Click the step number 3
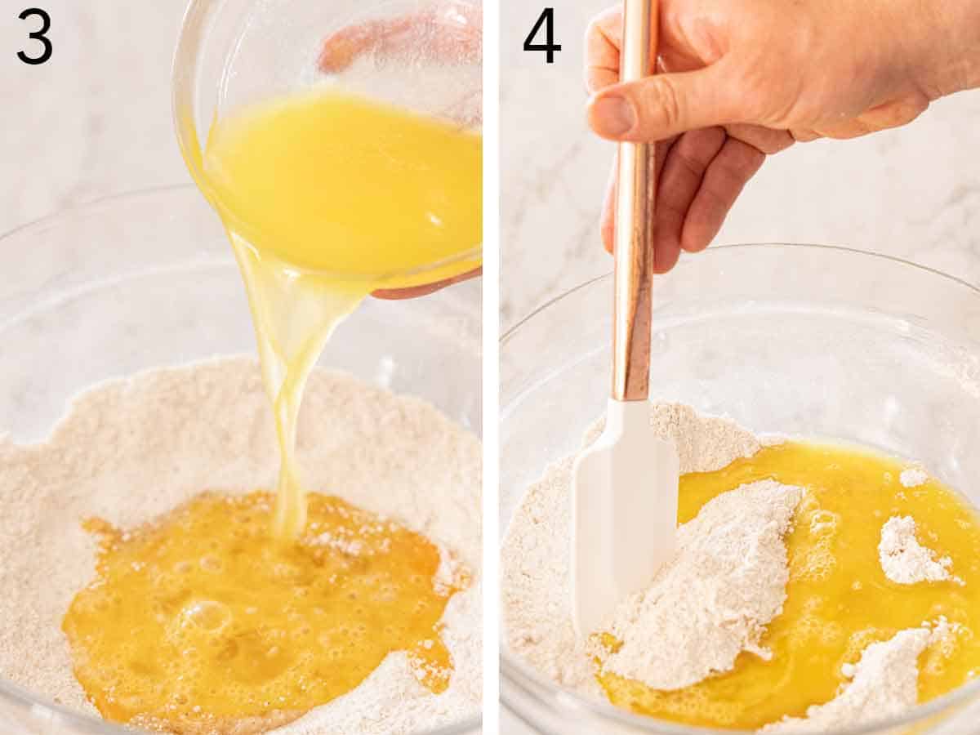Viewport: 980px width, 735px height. (x=34, y=36)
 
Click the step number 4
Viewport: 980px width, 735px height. (x=541, y=36)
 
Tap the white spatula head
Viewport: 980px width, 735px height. (x=625, y=506)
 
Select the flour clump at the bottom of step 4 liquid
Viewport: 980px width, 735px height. (x=882, y=678)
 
